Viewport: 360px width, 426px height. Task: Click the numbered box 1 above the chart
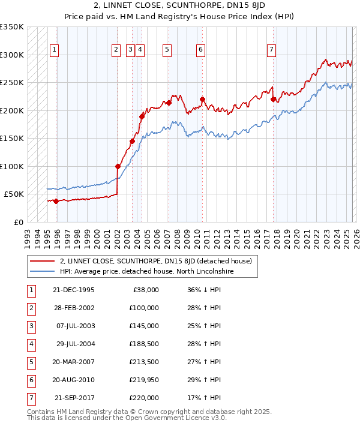point(54,50)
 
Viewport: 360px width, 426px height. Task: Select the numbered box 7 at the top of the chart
point(271,50)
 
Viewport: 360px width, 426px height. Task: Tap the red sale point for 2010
point(202,100)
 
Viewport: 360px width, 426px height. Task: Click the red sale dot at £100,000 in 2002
point(118,166)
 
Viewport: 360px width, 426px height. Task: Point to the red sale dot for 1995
point(56,201)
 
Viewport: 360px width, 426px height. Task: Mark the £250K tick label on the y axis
point(12,83)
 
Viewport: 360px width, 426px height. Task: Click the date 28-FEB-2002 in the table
point(73,308)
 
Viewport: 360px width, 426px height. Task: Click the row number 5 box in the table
point(29,362)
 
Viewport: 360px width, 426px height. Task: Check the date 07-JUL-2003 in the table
point(73,326)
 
